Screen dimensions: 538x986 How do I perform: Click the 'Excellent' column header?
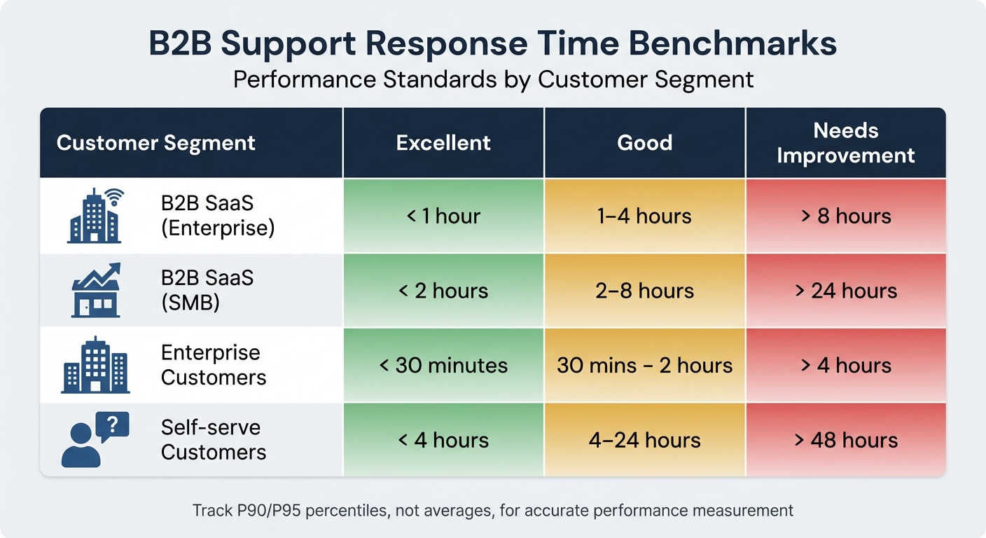[x=443, y=143]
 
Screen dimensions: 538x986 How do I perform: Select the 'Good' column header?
[x=644, y=143]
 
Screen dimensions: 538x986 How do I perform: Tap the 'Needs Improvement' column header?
[x=845, y=143]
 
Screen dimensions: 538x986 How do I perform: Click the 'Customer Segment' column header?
[x=156, y=143]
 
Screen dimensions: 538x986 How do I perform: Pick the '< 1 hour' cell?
[x=443, y=216]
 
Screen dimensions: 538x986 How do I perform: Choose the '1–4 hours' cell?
[x=644, y=216]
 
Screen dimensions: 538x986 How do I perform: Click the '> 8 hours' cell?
[x=845, y=216]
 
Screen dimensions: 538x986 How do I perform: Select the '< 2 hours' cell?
[x=443, y=290]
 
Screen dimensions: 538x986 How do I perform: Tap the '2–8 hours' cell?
[x=644, y=290]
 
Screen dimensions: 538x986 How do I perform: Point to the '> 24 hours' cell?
[x=845, y=290]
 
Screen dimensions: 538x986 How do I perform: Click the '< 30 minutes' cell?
[x=443, y=365]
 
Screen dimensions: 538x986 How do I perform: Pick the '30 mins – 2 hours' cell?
[x=644, y=365]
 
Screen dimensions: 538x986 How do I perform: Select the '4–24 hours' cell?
[x=644, y=440]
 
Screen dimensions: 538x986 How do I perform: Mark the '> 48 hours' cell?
[x=845, y=440]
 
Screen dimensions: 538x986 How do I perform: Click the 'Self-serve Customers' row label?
[x=213, y=440]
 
